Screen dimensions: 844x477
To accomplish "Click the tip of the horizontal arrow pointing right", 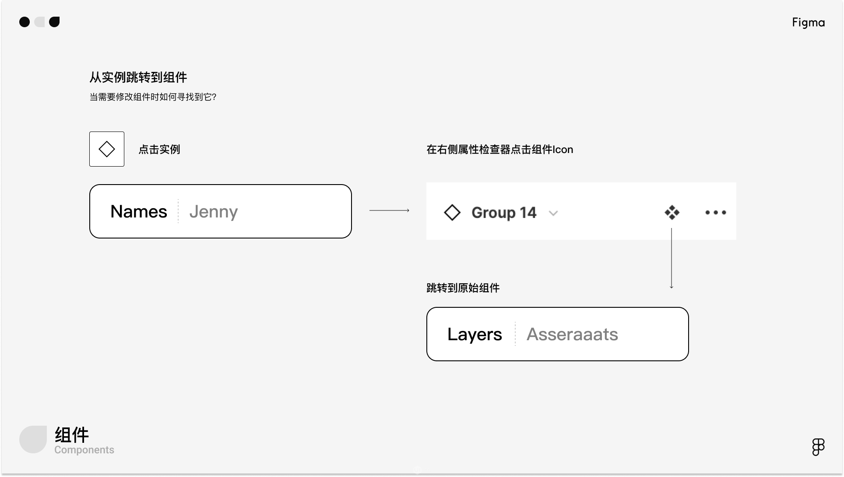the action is click(409, 210).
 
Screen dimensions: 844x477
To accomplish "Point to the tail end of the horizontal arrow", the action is click(369, 210).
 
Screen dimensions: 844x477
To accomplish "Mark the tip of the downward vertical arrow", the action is click(672, 288).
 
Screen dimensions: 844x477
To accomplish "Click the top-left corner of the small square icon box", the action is click(89, 132).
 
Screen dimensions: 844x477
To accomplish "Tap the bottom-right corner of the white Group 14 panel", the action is click(736, 240).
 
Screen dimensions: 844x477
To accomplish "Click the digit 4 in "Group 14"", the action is click(531, 213).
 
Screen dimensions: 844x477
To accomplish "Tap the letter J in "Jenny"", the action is click(193, 212).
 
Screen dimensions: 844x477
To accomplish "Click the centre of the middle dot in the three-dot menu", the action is click(716, 213).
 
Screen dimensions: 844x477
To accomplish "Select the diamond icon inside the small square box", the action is click(107, 149).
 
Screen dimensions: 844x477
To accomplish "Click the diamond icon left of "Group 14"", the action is click(452, 213).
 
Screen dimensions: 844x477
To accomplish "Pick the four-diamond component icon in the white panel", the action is click(672, 213).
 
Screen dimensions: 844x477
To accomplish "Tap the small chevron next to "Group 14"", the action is click(553, 214).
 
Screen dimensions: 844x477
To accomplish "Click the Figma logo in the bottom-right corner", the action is click(818, 447).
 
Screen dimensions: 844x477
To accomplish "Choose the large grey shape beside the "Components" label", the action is click(33, 439).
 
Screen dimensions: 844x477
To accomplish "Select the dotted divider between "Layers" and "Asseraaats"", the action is click(515, 334).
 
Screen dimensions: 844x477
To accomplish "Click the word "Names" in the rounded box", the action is click(139, 212).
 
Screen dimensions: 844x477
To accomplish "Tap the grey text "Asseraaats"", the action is click(572, 335).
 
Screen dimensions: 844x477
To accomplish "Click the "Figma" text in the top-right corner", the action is click(809, 22).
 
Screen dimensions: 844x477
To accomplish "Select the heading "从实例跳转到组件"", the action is click(138, 78).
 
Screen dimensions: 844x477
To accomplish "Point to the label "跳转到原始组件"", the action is click(463, 288).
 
